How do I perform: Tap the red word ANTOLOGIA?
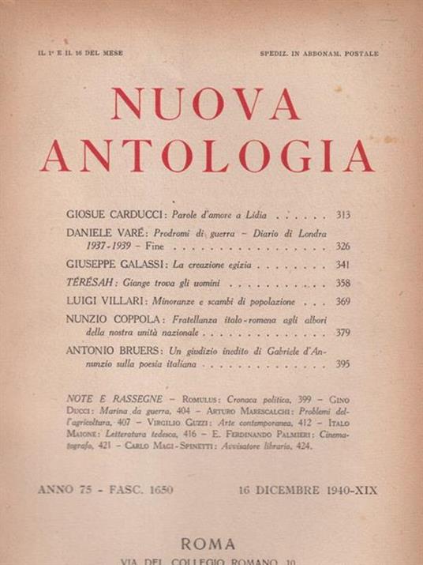(x=208, y=155)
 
